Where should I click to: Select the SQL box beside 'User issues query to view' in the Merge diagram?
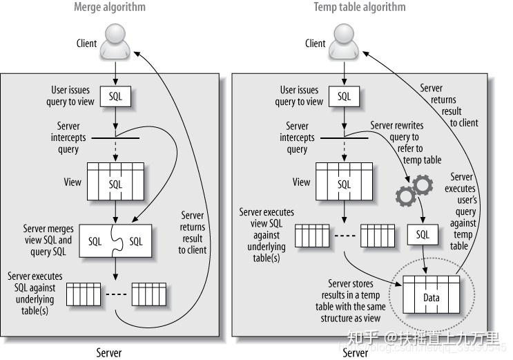(x=115, y=97)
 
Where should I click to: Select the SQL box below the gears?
(x=423, y=234)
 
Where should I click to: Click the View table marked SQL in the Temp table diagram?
(x=343, y=182)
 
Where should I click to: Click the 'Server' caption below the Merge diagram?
(x=108, y=352)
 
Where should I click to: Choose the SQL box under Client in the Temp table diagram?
(x=344, y=97)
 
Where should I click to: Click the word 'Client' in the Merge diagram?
(x=86, y=44)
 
